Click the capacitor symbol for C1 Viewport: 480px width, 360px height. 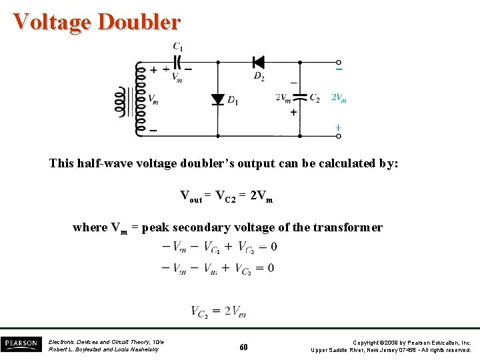177,63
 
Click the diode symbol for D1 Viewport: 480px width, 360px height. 217,99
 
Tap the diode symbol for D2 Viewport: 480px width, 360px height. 258,63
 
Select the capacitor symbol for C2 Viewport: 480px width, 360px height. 299,98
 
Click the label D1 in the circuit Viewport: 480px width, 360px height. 233,101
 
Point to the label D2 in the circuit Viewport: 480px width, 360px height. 259,77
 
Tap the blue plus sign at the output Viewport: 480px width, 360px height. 338,127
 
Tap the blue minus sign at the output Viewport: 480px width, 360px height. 339,69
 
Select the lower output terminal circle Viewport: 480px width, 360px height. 339,136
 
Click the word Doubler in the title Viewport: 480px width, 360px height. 139,22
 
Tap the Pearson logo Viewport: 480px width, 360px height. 21,344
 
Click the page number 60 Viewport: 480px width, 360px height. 243,347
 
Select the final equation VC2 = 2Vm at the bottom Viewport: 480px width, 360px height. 219,311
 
